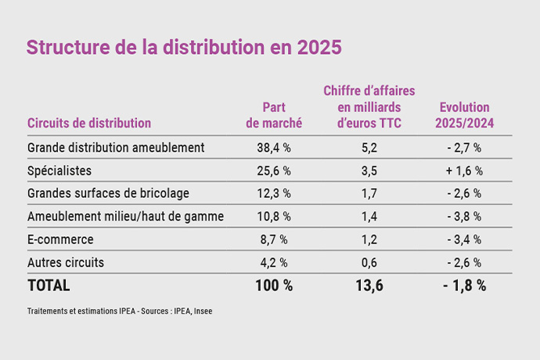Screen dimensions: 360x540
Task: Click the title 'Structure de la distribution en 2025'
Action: click(x=184, y=47)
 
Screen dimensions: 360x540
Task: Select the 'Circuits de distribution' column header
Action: click(x=89, y=123)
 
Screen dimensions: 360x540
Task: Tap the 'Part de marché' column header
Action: click(x=274, y=115)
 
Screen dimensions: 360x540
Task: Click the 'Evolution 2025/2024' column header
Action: click(x=464, y=115)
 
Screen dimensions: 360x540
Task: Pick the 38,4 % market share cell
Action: click(x=274, y=147)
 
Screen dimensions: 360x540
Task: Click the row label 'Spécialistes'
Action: click(x=59, y=170)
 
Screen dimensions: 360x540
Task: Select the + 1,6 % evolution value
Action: click(x=464, y=170)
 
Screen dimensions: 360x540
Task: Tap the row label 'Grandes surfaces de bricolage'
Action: click(x=108, y=193)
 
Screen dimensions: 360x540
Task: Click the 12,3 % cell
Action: click(x=274, y=193)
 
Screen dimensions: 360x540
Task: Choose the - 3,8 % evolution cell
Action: click(x=464, y=216)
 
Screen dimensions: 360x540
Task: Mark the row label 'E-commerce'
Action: click(x=60, y=239)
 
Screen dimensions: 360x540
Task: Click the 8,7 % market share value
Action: click(x=274, y=239)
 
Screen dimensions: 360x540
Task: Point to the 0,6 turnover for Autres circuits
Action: click(x=369, y=262)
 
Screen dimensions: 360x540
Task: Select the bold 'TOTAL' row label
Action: click(x=49, y=286)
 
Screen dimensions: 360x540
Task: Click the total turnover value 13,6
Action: click(x=369, y=286)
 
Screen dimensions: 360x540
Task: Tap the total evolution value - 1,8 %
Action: click(x=464, y=286)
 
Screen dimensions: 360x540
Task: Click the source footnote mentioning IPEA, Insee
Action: click(x=120, y=311)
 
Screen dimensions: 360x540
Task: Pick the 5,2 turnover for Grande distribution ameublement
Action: click(x=369, y=147)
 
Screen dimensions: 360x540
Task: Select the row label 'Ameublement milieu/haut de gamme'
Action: click(x=125, y=216)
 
